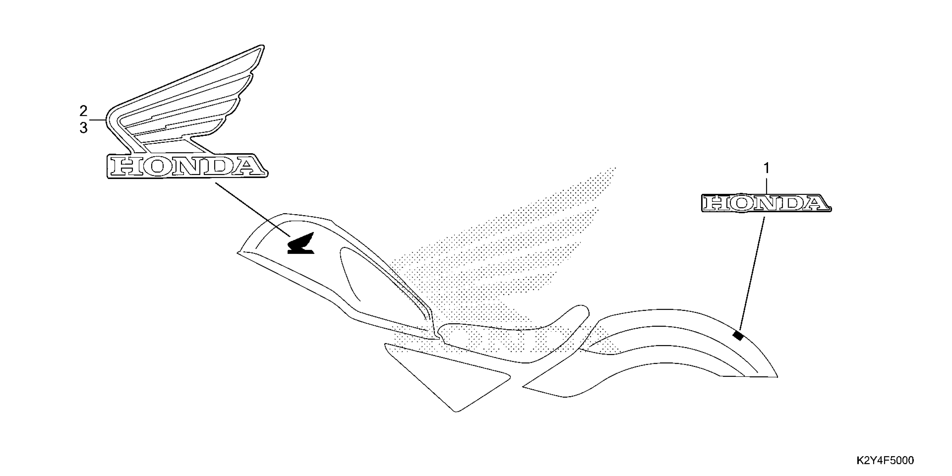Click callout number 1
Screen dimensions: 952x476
coord(766,169)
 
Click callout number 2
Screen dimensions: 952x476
coord(83,111)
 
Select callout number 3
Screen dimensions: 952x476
coord(83,128)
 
